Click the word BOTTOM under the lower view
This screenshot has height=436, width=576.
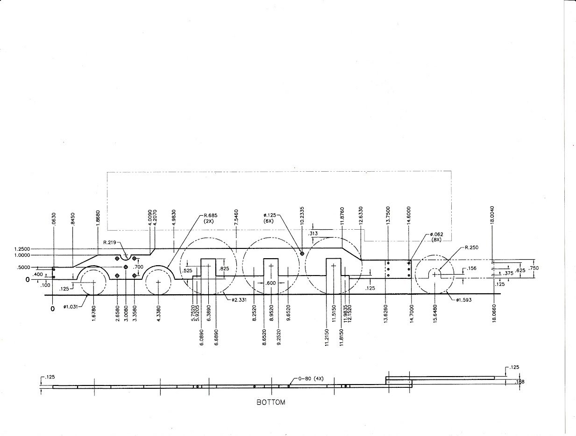pos(271,402)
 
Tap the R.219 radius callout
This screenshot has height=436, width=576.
pos(111,243)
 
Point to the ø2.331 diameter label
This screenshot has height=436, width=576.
pos(239,299)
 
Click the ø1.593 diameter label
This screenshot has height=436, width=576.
pos(465,300)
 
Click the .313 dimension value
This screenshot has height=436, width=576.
pos(313,233)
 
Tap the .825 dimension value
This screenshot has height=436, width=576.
pos(224,269)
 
